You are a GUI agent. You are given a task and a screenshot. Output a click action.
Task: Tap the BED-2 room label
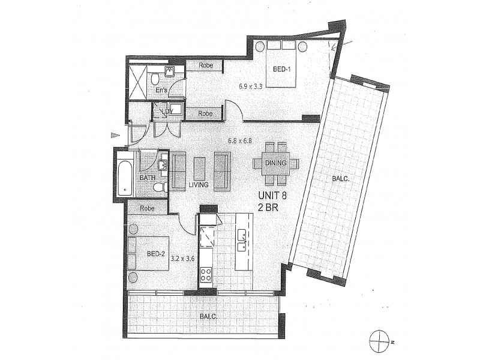(x=156, y=254)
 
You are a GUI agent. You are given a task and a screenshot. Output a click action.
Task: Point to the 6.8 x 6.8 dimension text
(x=239, y=142)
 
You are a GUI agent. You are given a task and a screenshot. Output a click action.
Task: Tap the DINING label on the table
(x=275, y=163)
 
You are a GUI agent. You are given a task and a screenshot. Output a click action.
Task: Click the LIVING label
(x=198, y=185)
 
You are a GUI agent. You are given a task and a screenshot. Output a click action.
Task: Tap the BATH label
(x=148, y=178)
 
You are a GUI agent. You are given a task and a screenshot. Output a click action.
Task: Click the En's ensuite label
(x=161, y=91)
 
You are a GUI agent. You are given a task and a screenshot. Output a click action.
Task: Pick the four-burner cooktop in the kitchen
(x=205, y=274)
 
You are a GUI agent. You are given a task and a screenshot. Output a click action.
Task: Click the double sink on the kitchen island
(x=243, y=240)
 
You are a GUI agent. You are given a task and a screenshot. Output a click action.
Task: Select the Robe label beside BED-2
(x=147, y=208)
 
